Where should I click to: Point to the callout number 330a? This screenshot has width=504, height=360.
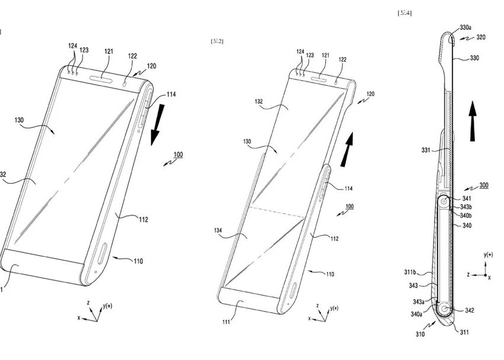click(466, 27)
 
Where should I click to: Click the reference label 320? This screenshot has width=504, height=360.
click(480, 37)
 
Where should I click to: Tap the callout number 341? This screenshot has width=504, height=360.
click(467, 198)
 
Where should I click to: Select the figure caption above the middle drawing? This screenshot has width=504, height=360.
click(217, 41)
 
